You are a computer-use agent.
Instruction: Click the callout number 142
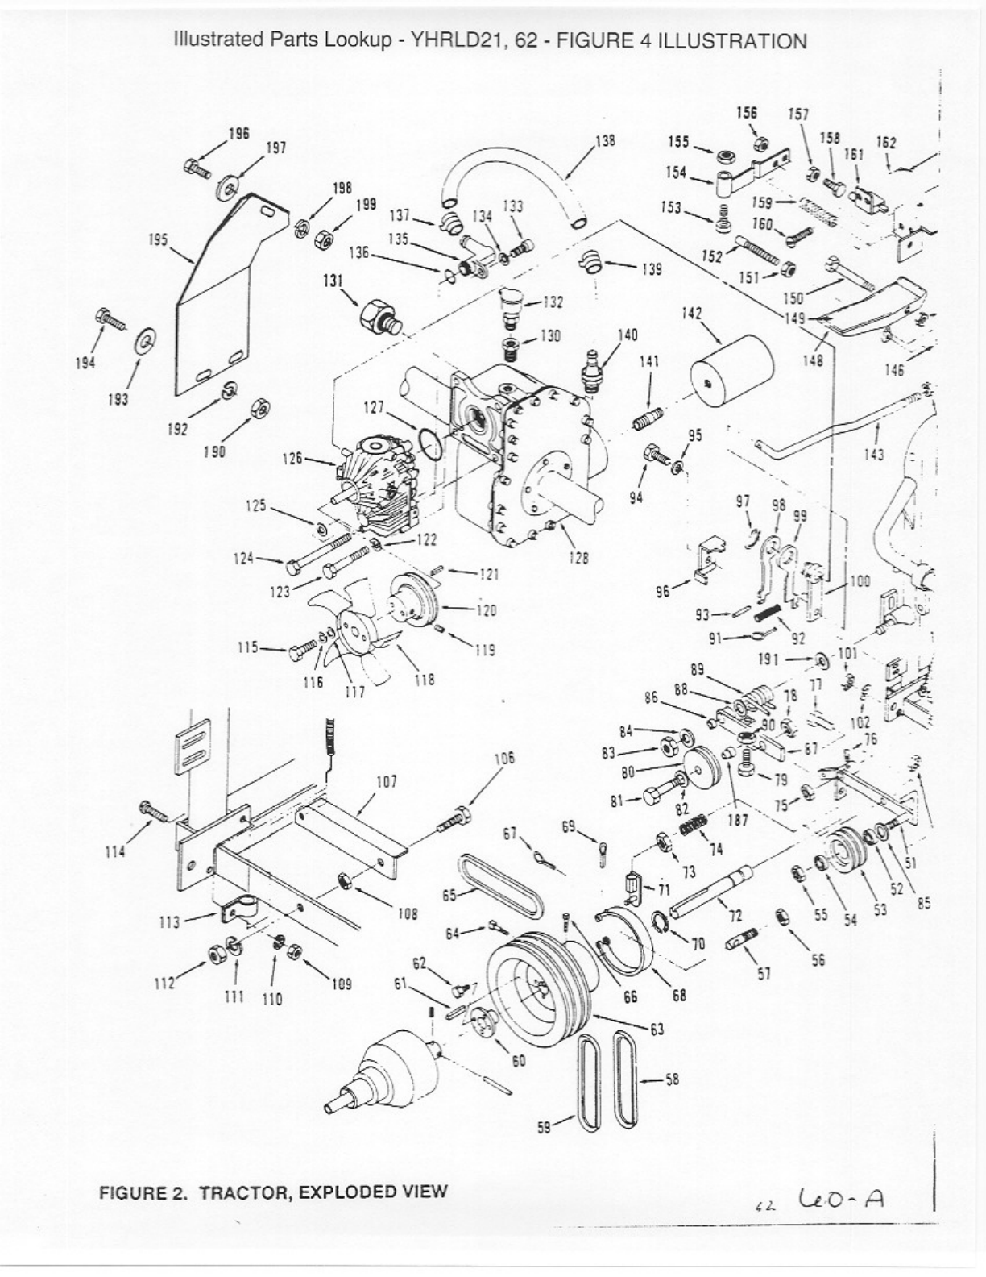pos(692,314)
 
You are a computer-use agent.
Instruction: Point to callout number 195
pos(158,239)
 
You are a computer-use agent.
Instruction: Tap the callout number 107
pos(387,781)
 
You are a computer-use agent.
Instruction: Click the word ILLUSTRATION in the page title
pos(732,42)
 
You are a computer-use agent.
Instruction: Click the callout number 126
pos(292,458)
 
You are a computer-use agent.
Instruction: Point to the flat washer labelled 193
pos(146,342)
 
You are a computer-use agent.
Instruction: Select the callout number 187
pos(736,821)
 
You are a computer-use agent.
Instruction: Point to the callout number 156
pos(747,113)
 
